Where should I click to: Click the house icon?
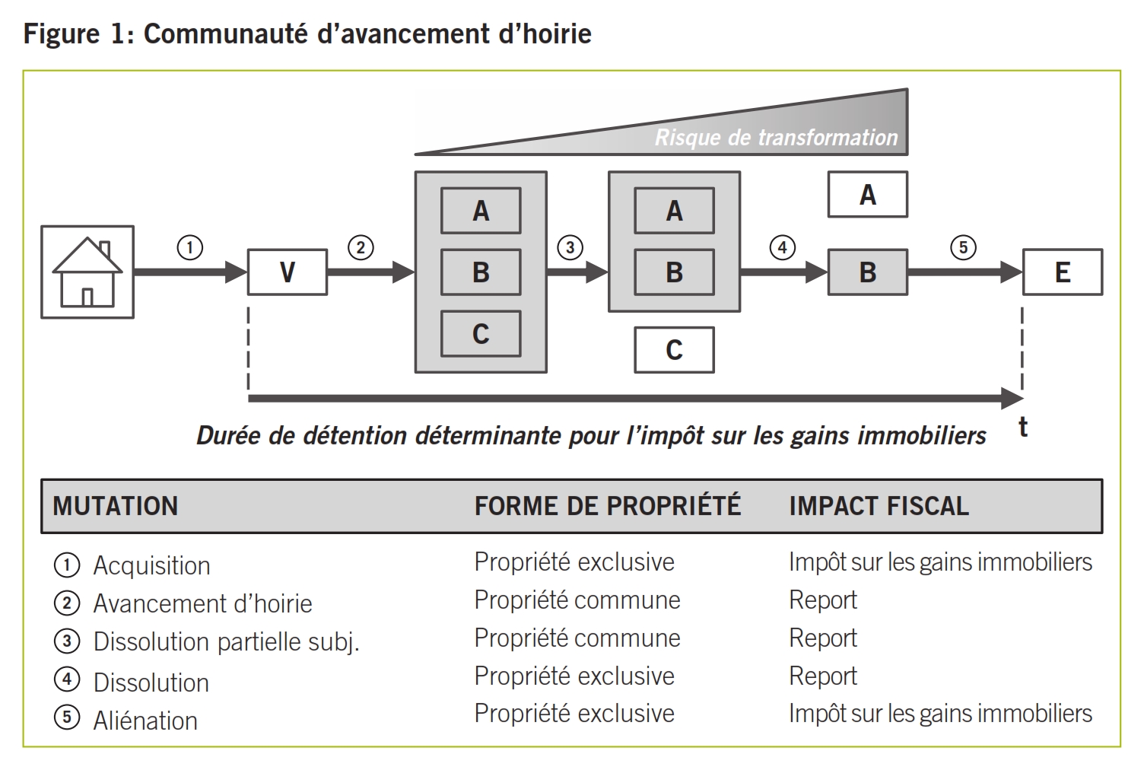pyautogui.click(x=87, y=272)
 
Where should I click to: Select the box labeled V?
pyautogui.click(x=288, y=272)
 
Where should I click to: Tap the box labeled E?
pyautogui.click(x=1062, y=272)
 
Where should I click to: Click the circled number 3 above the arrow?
pyautogui.click(x=570, y=247)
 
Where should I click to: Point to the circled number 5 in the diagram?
pyautogui.click(x=963, y=247)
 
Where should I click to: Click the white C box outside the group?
pyautogui.click(x=674, y=350)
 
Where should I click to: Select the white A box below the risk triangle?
pyautogui.click(x=867, y=195)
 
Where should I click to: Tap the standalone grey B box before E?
pyautogui.click(x=867, y=272)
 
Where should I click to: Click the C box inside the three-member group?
pyautogui.click(x=481, y=333)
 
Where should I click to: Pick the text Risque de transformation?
pyautogui.click(x=776, y=138)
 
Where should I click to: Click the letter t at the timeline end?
pyautogui.click(x=1023, y=427)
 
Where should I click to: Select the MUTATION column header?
pyautogui.click(x=116, y=506)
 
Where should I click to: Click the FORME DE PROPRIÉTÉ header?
pyautogui.click(x=607, y=506)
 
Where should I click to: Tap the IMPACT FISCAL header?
pyautogui.click(x=879, y=506)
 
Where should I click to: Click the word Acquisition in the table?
pyautogui.click(x=151, y=565)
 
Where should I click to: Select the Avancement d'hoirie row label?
pyautogui.click(x=202, y=603)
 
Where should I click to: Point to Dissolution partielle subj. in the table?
pyautogui.click(x=226, y=641)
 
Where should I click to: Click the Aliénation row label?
pyautogui.click(x=145, y=721)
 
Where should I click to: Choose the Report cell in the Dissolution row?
pyautogui.click(x=823, y=676)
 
